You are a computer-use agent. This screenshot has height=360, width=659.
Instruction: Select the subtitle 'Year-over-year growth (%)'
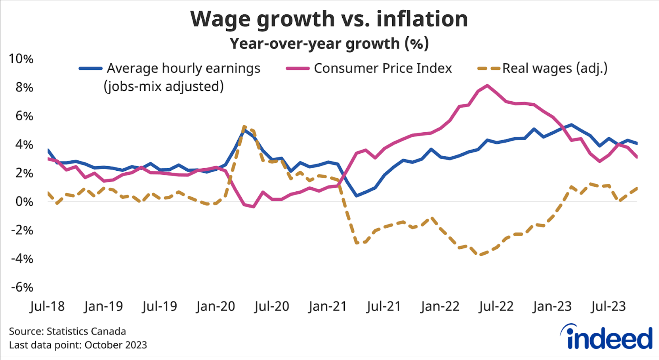pos(329,44)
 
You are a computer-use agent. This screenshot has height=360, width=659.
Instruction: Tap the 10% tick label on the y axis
pos(21,59)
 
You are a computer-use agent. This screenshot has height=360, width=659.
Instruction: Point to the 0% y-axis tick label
pos(24,201)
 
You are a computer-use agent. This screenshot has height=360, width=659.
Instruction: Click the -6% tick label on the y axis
pos(22,287)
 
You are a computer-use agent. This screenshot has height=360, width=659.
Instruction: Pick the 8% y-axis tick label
pos(24,87)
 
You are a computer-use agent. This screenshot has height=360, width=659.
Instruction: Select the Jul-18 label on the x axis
pos(47,306)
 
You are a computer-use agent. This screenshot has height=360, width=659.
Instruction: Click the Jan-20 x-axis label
pos(215,306)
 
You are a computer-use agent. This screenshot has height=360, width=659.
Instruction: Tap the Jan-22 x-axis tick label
pos(440,306)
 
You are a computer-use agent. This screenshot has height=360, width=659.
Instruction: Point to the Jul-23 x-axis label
pos(608,306)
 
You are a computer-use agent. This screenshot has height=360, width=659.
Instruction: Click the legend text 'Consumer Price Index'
pos(383,68)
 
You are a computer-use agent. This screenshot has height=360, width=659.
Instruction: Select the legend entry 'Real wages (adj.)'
pos(555,68)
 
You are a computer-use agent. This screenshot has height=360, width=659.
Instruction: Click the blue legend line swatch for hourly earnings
pos(90,68)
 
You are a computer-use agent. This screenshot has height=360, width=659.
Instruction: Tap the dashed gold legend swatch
pos(488,68)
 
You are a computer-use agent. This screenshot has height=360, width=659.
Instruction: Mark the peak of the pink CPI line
pos(487,85)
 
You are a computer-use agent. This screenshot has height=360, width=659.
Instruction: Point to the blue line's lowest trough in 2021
pos(356,196)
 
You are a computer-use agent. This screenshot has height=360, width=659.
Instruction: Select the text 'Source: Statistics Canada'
pos(67,331)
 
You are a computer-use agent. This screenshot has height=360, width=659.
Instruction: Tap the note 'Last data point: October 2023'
pos(78,345)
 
